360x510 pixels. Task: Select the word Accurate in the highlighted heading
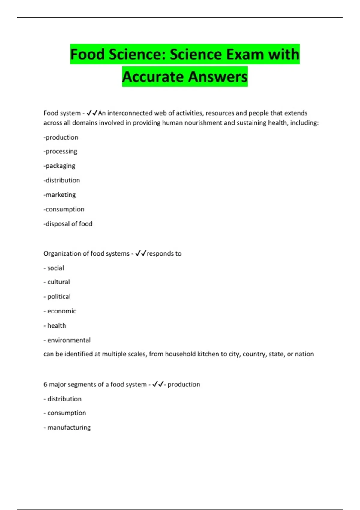coord(153,77)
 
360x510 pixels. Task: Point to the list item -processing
coord(61,151)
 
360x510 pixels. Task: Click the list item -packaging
coord(60,166)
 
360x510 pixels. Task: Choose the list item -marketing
coord(60,195)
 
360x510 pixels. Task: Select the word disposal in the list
coord(57,224)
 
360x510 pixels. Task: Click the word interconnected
coord(130,113)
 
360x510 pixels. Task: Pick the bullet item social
coord(55,268)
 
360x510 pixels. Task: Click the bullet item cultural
coord(58,282)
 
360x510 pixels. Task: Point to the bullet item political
coord(59,296)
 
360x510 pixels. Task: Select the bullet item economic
coord(61,311)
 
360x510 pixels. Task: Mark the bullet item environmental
coord(69,340)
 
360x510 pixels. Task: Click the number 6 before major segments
coord(45,384)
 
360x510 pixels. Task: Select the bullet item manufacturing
coord(69,427)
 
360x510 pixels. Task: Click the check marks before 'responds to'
coord(140,253)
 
